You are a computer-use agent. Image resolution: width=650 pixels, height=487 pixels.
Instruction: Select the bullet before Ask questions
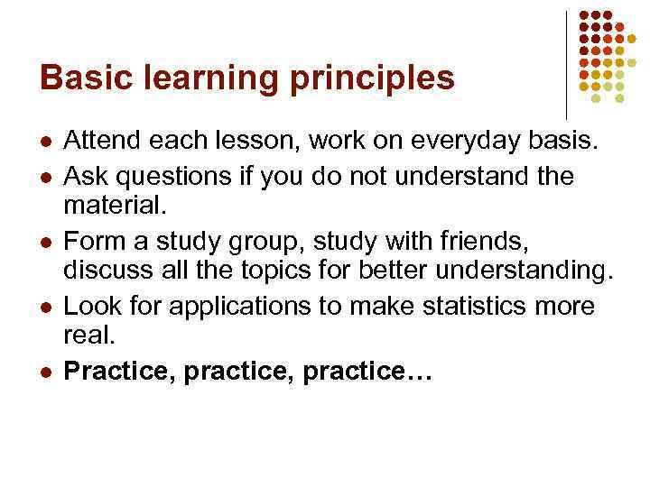pos(45,176)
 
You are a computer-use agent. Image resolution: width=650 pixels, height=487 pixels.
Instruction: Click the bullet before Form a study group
pos(45,241)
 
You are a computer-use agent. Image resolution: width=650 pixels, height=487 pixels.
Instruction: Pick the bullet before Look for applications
pos(45,306)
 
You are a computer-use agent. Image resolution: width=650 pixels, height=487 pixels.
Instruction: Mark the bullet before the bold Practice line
pos(45,371)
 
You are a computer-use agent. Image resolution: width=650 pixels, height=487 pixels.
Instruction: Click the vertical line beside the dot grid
pos(566,63)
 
